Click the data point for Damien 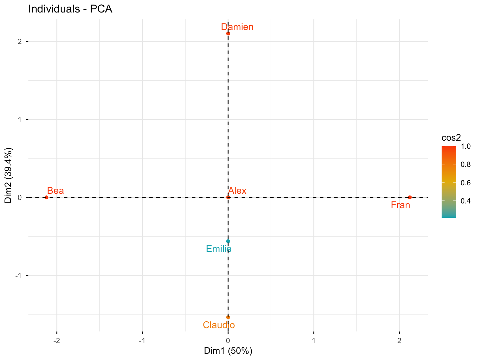228,33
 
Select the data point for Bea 46,197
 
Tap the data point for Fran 410,197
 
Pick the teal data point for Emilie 228,241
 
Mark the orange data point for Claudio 228,317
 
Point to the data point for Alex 228,197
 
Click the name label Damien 237,27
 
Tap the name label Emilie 219,249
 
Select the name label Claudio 219,325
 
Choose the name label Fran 400,205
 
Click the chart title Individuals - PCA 70,9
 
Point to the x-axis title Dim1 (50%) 228,351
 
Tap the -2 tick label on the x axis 57,341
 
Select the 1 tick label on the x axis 314,341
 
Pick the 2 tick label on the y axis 19,42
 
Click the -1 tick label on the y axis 18,275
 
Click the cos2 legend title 451,138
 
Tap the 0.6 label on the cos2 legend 465,183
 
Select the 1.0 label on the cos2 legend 465,147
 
